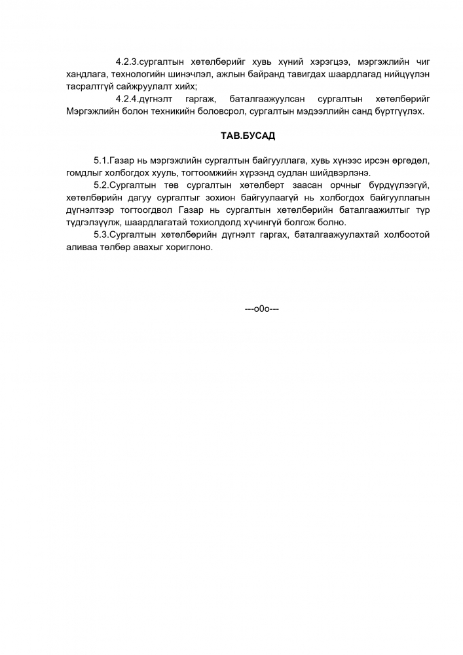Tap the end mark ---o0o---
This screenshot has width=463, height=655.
[262, 309]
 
